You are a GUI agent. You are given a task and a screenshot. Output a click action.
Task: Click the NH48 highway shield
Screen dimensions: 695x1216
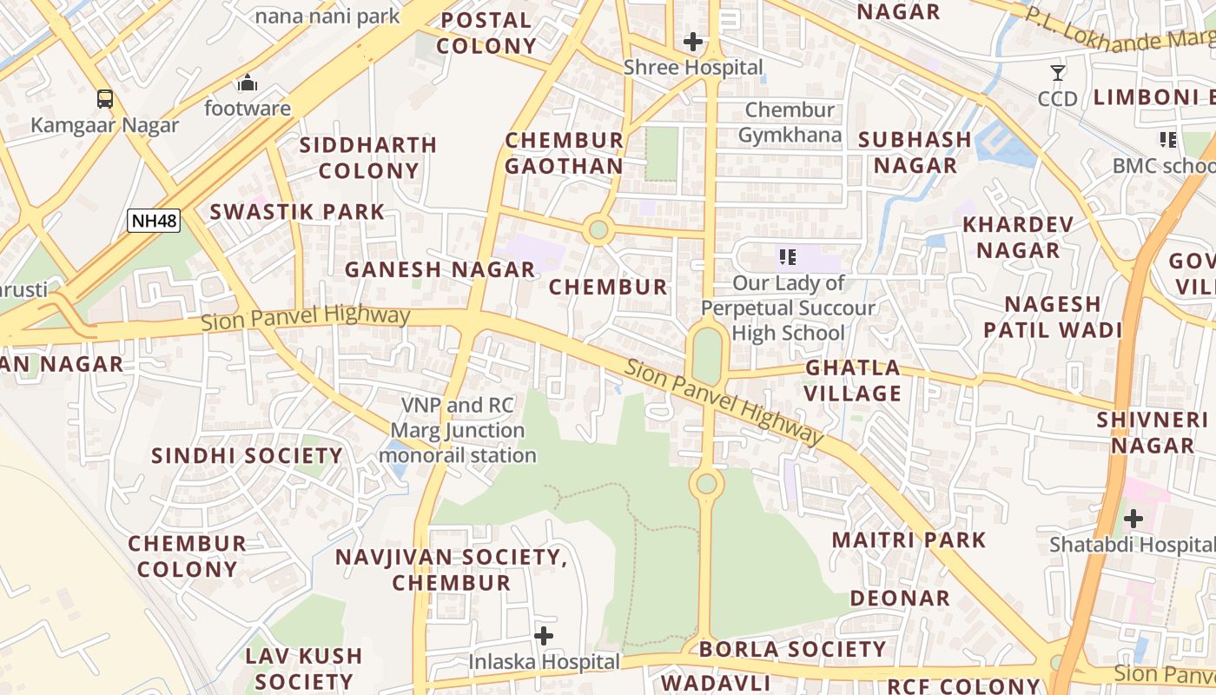click(x=154, y=221)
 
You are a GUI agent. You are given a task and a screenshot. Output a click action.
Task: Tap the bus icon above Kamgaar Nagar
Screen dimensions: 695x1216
click(x=104, y=98)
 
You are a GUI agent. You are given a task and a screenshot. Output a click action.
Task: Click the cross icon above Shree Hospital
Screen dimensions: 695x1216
click(x=693, y=41)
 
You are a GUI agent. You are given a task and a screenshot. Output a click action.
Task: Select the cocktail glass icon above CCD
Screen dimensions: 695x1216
click(x=1058, y=72)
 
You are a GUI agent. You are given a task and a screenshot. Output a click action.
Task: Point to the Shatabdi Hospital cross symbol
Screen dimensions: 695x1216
click(x=1133, y=519)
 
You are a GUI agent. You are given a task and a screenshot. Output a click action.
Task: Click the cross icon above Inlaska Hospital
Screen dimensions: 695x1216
click(x=544, y=636)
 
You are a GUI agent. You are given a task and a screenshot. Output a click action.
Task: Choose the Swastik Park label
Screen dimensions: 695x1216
click(x=297, y=211)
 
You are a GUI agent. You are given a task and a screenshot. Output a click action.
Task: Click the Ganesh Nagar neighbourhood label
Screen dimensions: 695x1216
click(x=439, y=269)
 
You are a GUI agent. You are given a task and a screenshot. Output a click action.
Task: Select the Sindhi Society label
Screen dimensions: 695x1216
click(x=247, y=456)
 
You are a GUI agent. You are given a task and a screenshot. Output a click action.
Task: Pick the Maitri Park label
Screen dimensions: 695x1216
click(x=909, y=539)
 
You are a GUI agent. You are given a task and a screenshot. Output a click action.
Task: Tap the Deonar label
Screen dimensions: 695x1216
click(x=900, y=598)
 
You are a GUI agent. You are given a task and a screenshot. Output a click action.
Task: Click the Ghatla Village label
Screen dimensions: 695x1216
click(x=853, y=381)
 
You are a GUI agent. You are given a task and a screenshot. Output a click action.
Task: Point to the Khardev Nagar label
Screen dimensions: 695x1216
click(x=1018, y=237)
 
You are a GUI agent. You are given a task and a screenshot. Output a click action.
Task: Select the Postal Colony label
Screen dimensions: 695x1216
click(x=486, y=33)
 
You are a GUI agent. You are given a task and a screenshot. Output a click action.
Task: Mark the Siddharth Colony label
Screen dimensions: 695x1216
click(x=368, y=157)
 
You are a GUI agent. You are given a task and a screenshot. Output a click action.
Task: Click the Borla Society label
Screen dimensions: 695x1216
click(x=792, y=649)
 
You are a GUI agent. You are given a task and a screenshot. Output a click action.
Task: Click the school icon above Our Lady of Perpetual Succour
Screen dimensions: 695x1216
click(x=788, y=256)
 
